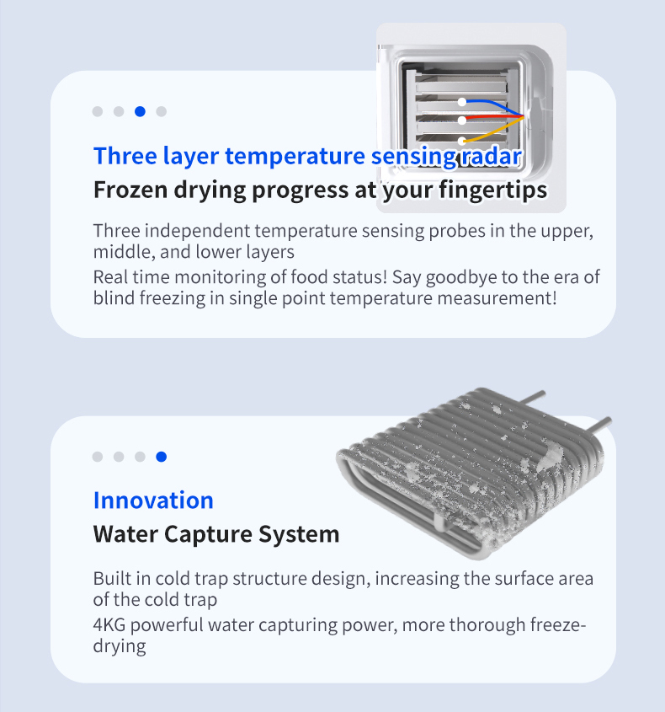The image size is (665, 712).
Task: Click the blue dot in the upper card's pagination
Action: (141, 111)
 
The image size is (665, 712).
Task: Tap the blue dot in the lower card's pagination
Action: (161, 457)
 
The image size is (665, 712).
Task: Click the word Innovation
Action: (153, 501)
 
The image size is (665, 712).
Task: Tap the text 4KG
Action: (109, 625)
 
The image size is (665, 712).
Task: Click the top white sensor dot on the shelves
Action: (462, 102)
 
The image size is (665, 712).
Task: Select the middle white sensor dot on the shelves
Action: (462, 120)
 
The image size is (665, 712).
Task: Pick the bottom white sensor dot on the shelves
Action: (462, 141)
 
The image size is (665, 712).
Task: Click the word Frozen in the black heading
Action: (130, 190)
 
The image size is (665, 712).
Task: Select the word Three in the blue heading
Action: (125, 156)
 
